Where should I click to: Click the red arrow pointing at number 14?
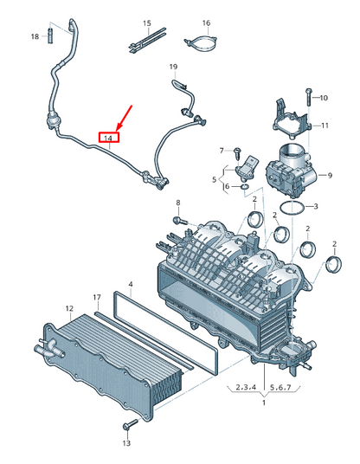tap(125, 118)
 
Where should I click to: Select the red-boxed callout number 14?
tap(108, 138)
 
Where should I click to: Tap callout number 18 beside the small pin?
tap(35, 36)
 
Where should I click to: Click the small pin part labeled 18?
tap(50, 35)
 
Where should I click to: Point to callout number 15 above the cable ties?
tap(147, 23)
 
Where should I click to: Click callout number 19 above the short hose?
tap(173, 67)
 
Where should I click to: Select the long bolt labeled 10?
tap(308, 97)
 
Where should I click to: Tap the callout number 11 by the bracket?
tap(325, 126)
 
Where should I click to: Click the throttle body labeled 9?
tap(292, 171)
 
